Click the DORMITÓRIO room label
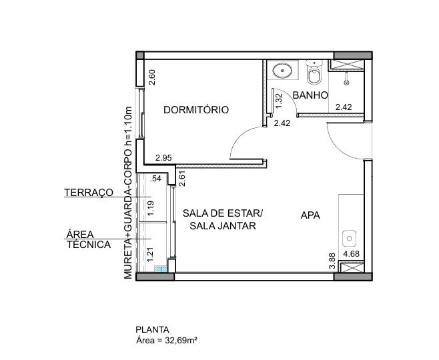(196, 109)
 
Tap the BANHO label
(310, 95)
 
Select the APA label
(310, 215)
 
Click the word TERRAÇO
(89, 193)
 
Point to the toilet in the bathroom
(314, 73)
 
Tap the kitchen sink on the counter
(349, 238)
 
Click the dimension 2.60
(151, 77)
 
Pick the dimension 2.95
(163, 158)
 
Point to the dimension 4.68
(351, 254)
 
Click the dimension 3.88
(332, 261)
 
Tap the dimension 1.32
(279, 101)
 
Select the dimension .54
(155, 179)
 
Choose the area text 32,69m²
(181, 341)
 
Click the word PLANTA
(152, 329)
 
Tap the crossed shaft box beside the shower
(346, 65)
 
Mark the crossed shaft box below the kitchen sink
(351, 267)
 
